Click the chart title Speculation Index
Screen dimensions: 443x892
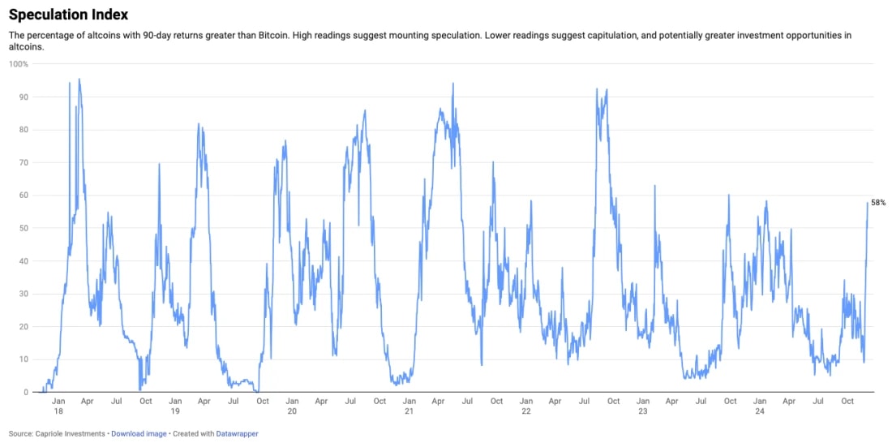68,15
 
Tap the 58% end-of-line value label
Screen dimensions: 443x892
878,203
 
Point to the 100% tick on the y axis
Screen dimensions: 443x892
19,64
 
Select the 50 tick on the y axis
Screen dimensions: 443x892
23,228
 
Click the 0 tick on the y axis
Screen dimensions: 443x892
25,392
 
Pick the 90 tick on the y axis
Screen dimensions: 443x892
23,97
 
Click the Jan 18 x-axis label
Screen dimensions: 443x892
58,406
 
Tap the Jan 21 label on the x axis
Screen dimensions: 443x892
409,406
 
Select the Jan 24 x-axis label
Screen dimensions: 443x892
760,406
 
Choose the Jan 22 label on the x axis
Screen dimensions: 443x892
525,406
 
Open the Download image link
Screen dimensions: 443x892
139,433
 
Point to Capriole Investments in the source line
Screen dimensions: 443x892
69,433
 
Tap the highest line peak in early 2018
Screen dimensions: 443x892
79,80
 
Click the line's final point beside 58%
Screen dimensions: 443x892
867,203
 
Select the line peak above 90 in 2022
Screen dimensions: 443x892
597,88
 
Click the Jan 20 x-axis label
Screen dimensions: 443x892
292,406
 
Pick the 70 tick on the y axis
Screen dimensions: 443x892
23,162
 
